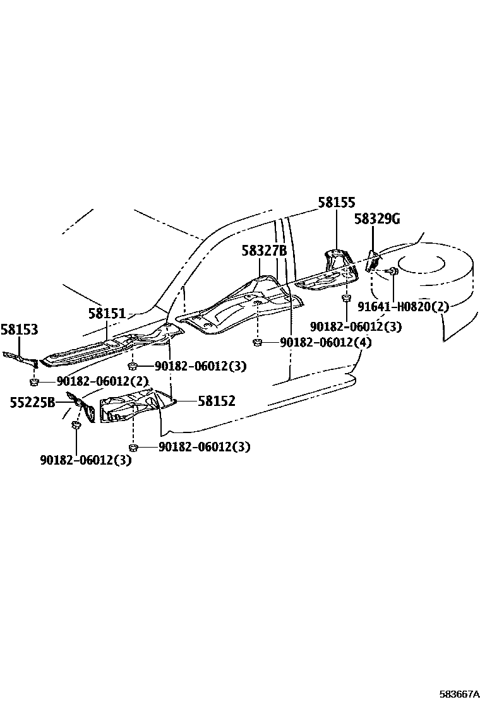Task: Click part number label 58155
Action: click(336, 203)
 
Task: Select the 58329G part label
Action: click(377, 219)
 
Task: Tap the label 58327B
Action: click(264, 251)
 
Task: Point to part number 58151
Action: click(107, 313)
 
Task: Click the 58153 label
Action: click(19, 329)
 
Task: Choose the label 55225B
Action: click(32, 402)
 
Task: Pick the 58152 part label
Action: click(216, 401)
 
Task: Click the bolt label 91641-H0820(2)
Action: click(403, 307)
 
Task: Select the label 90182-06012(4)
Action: click(326, 343)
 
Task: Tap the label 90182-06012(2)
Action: click(102, 381)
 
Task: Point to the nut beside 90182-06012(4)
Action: click(258, 343)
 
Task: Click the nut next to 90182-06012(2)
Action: click(35, 381)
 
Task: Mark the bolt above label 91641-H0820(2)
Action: click(392, 271)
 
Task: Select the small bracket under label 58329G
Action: click(372, 259)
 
